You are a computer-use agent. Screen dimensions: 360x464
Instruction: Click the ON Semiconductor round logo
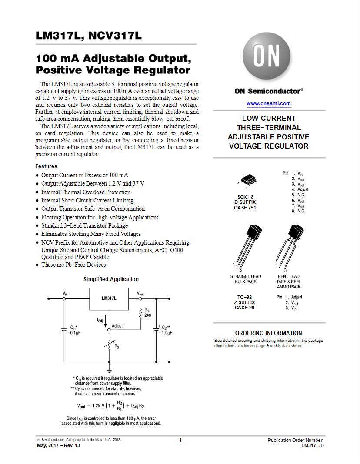[267, 56]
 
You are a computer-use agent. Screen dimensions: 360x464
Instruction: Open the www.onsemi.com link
[269, 103]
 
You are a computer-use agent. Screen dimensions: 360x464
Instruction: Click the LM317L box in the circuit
[109, 299]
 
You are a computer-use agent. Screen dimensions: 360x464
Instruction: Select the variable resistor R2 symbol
[109, 345]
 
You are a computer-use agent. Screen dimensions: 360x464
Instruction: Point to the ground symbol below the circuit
[109, 370]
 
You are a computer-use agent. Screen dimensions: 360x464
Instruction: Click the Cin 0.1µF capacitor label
[75, 330]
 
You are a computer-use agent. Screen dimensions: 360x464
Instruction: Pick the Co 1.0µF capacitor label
[167, 330]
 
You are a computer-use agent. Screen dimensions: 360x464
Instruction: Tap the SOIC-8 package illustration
[248, 179]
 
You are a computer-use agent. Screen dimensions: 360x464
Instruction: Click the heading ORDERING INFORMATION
[269, 333]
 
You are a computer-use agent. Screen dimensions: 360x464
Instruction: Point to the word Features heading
[46, 166]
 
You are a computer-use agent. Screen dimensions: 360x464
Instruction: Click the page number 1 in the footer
[180, 441]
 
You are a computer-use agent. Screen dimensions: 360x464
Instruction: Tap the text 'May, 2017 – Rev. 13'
[58, 445]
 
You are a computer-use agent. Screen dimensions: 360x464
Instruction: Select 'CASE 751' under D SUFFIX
[244, 208]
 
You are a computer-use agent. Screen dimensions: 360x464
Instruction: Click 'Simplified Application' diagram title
[111, 279]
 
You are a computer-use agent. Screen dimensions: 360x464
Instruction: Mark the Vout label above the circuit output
[140, 293]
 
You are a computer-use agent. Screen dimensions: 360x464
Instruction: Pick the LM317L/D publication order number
[313, 445]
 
